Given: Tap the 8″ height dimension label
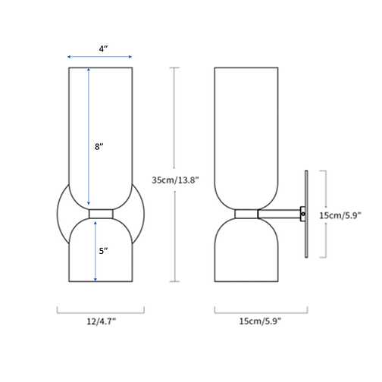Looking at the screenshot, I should [x=99, y=147].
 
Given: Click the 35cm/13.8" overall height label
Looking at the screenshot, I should [x=176, y=180].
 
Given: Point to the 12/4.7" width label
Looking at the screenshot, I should [x=100, y=321].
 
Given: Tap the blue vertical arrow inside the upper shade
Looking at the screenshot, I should [x=89, y=136].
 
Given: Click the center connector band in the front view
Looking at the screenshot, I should [x=101, y=214].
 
